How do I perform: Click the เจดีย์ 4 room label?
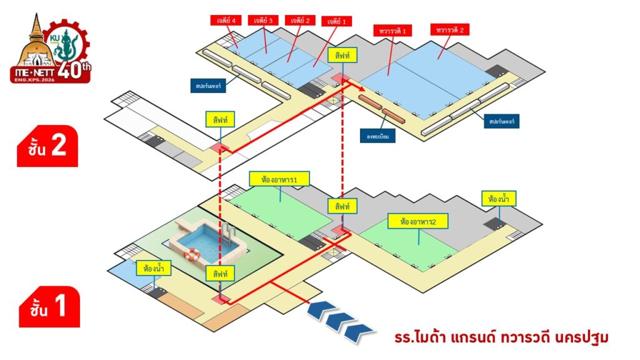pos(226,20)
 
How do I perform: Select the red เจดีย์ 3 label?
pos(262,20)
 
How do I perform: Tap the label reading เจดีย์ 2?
pos(299,20)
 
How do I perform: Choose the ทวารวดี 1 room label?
pos(391,30)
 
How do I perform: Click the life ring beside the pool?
pos(192,254)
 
